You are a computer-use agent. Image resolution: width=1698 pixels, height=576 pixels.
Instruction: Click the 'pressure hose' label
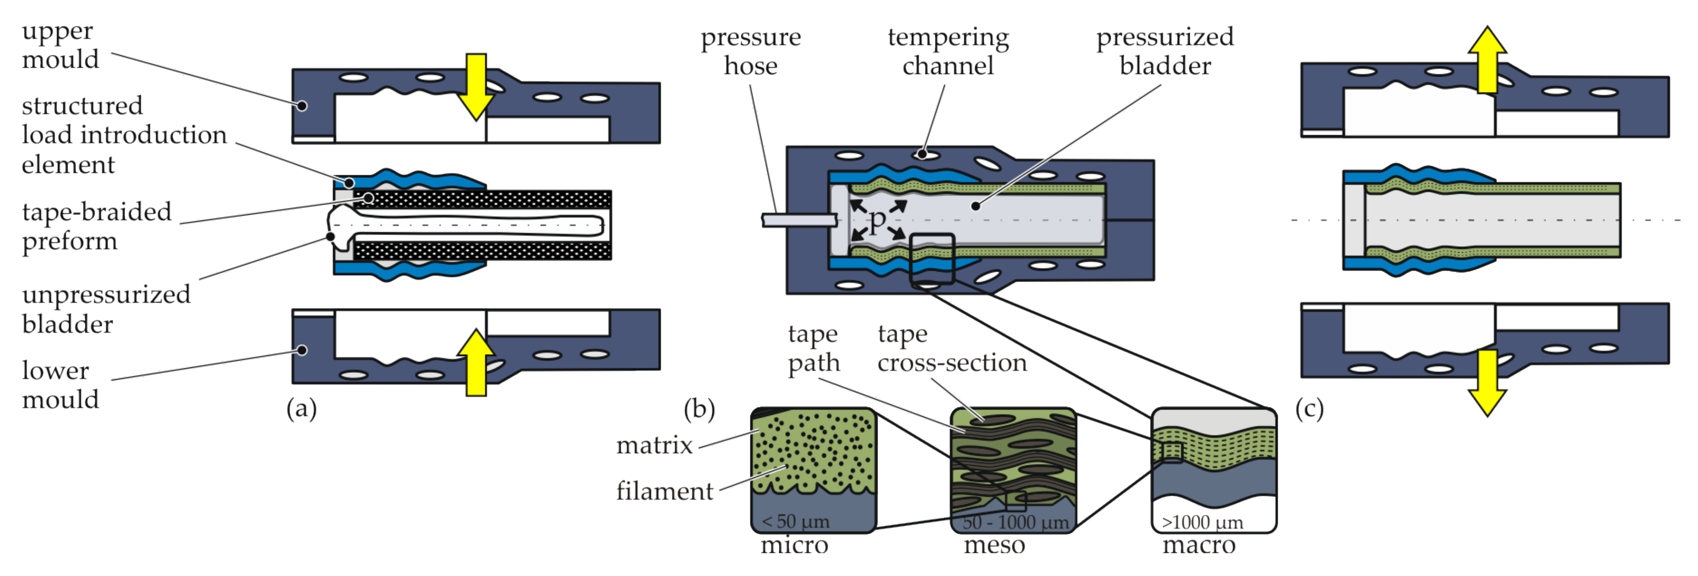click(750, 52)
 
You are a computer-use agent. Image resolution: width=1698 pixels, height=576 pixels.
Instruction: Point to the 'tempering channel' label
click(948, 52)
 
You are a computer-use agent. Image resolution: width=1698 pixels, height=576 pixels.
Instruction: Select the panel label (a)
click(301, 409)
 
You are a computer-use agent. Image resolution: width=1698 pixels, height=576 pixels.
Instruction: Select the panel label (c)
click(1309, 409)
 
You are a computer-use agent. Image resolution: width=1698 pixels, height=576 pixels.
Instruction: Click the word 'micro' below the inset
click(794, 546)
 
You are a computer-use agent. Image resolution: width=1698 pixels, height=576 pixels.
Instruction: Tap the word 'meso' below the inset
click(994, 546)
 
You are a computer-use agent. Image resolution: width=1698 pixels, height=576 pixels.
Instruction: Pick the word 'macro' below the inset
click(1198, 546)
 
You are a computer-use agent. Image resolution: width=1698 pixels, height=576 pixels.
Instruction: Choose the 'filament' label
click(664, 492)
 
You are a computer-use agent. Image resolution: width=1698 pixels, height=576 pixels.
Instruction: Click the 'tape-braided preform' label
click(96, 226)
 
